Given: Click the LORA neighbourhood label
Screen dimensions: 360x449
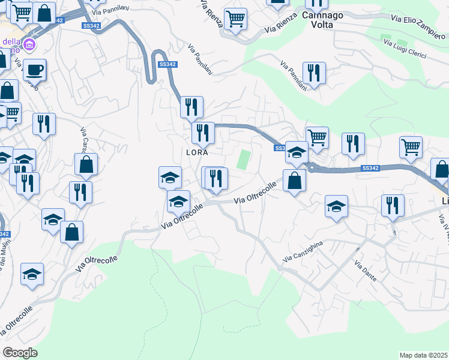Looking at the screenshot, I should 197,152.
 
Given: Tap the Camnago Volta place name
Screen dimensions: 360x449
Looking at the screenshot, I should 322,20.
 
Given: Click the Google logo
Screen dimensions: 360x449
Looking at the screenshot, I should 20,353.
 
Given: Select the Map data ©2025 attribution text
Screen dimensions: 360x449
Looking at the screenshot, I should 423,355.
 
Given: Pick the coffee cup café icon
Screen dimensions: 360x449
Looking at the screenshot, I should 34,69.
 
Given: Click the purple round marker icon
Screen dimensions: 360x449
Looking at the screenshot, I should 29,44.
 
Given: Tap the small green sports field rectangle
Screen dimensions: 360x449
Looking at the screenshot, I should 244,160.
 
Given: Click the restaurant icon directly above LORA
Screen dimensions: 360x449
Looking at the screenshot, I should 203,133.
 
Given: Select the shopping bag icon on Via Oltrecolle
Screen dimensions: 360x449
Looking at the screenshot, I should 294,181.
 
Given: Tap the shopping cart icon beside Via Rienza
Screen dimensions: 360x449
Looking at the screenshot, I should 235,19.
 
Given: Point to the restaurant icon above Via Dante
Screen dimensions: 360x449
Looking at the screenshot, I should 393,205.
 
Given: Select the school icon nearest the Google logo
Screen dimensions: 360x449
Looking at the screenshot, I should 32,274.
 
